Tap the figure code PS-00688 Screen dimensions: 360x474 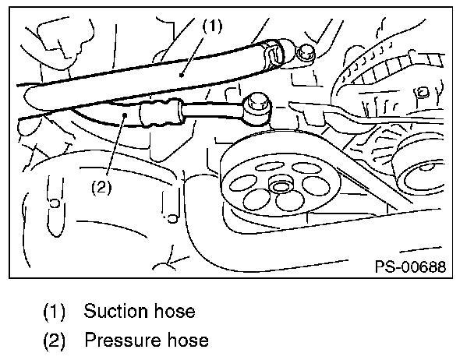(409, 266)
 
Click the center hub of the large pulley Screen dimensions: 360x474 (280, 185)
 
